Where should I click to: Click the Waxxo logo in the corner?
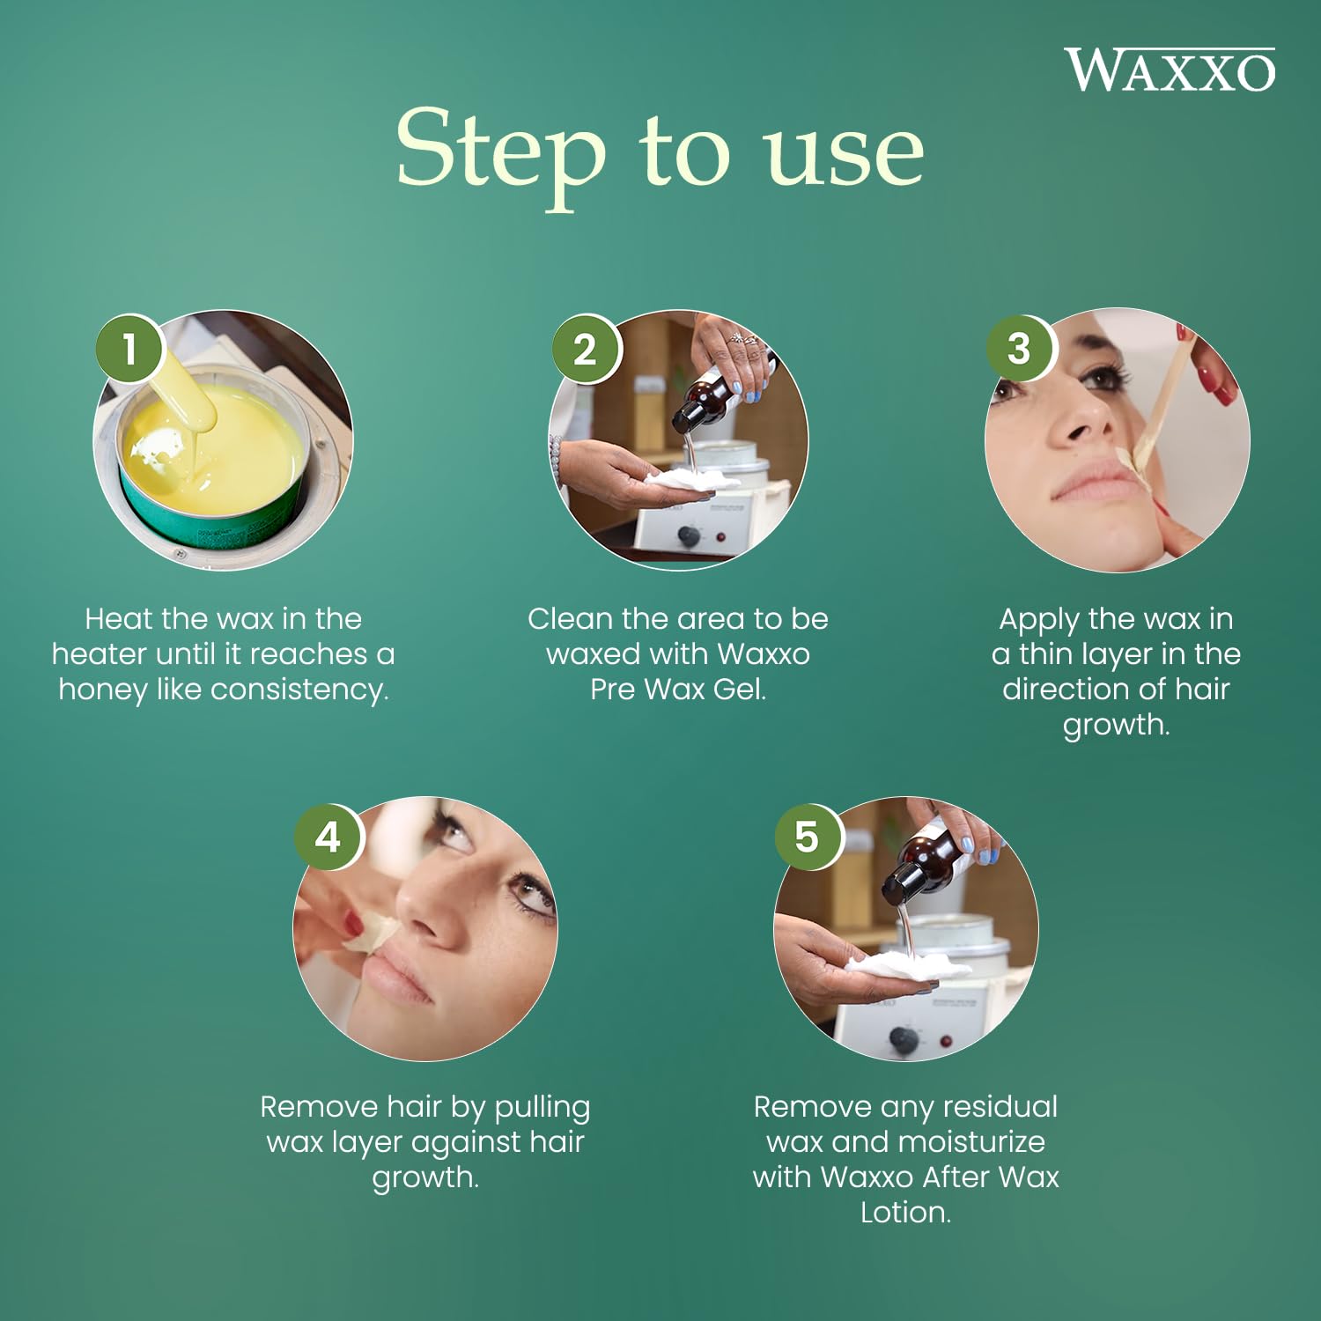click(x=1170, y=70)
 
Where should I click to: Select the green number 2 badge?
click(x=586, y=349)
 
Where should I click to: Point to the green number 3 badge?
click(x=1019, y=348)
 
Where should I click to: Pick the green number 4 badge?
click(x=328, y=837)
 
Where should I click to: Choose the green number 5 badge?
click(x=807, y=837)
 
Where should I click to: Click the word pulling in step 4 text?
click(x=542, y=1108)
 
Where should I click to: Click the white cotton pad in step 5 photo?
click(x=907, y=964)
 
